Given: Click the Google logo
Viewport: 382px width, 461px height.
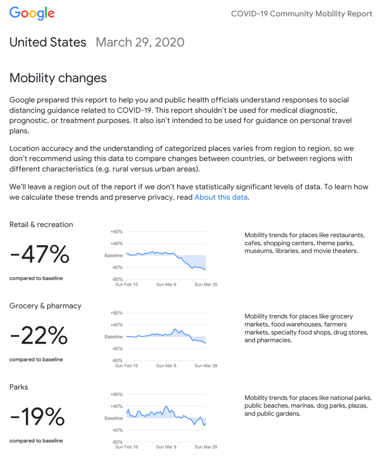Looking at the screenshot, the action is tap(32, 13).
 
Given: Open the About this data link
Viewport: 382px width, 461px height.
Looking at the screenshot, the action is tap(221, 197).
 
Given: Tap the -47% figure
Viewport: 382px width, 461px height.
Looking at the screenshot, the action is tap(40, 254).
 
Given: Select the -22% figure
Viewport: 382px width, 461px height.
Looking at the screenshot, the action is tap(39, 335).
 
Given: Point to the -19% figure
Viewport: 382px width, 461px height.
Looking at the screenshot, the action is tap(37, 417).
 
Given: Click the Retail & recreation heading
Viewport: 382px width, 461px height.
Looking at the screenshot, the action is tap(41, 225).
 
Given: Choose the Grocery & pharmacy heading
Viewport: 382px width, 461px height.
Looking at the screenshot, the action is tap(45, 306).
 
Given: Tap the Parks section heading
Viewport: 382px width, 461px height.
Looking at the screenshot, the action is tap(19, 387).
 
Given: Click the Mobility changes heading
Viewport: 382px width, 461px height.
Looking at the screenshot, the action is tap(58, 78).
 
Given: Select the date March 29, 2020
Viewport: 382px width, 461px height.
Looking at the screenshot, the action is tap(140, 42).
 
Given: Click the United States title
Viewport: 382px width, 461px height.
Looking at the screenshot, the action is tap(48, 42).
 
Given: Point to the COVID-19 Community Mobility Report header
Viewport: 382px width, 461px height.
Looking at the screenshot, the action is tap(301, 14).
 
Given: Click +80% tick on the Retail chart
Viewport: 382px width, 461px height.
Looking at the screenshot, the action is tap(117, 232).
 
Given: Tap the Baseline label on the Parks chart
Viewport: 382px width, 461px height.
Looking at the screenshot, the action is tap(114, 418).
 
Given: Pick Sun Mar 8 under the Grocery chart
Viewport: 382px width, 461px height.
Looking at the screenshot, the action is tap(166, 366).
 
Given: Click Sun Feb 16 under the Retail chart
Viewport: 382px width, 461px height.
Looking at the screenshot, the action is tap(126, 284).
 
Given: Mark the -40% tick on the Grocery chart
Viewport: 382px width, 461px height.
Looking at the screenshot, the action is tap(117, 349).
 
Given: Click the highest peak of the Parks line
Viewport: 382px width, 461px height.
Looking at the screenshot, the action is tap(166, 406).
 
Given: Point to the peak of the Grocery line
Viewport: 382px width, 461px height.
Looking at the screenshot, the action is tap(176, 329).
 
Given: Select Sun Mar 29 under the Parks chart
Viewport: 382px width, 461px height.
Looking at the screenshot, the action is tap(206, 447).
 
